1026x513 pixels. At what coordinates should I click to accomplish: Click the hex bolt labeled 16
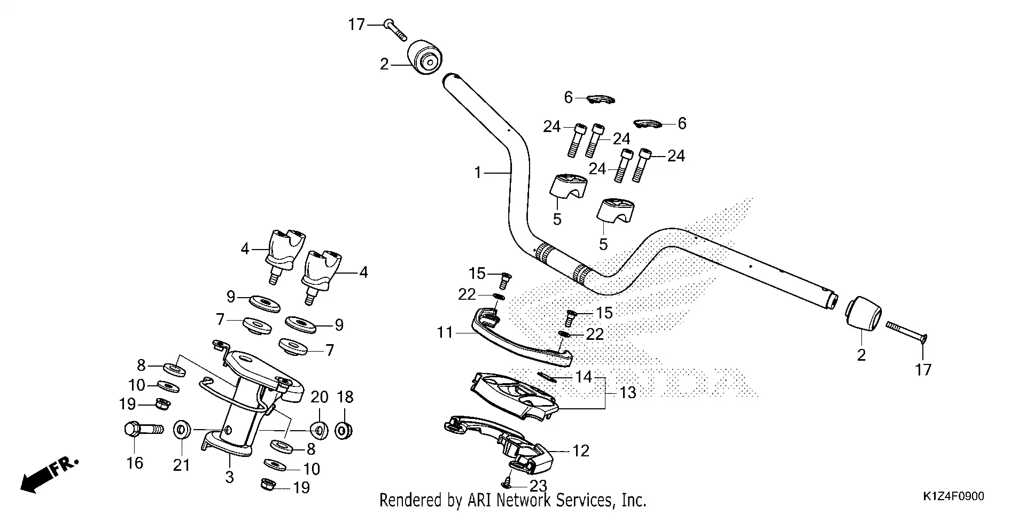142,429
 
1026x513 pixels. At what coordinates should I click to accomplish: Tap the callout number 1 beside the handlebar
478,173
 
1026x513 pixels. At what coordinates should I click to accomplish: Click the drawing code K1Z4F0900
953,496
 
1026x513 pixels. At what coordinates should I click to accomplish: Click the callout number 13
628,393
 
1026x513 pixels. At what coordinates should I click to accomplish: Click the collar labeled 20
320,429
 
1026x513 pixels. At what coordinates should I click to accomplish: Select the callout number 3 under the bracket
229,477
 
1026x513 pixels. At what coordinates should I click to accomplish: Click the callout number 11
445,333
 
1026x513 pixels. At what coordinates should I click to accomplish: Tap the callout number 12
580,451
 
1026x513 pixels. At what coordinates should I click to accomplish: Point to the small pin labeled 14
547,376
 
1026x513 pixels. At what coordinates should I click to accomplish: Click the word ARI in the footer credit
479,501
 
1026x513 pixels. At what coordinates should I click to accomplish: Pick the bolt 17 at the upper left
395,29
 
